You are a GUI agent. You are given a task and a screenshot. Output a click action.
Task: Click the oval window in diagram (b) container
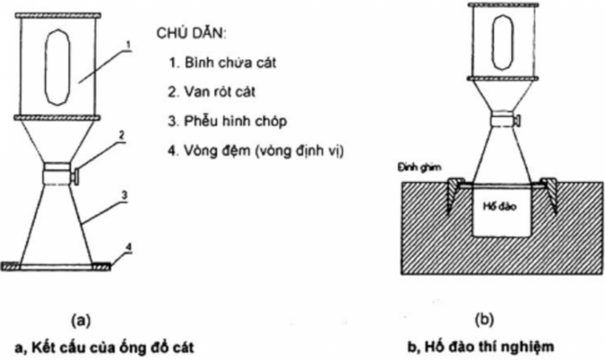tap(499, 51)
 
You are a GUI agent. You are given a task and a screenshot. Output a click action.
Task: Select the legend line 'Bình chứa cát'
tap(212, 65)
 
